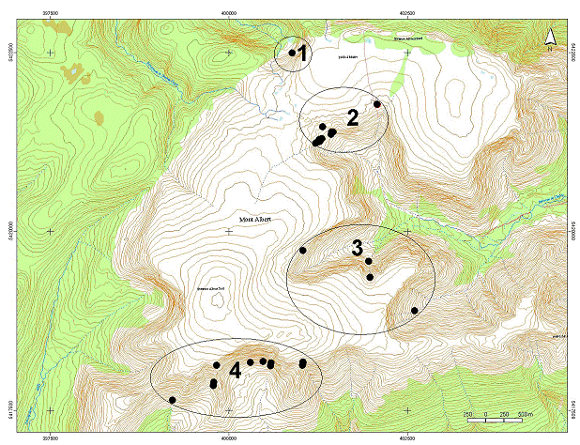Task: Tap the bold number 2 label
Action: pos(353,117)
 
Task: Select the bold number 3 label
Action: pos(358,248)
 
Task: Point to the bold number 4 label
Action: pos(235,372)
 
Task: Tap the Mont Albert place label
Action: pos(254,219)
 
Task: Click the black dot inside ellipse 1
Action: pos(292,53)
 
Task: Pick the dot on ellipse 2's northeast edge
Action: pos(377,104)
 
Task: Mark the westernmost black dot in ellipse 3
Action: pos(302,250)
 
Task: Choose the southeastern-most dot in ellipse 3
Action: pos(414,311)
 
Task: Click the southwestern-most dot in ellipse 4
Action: pos(172,400)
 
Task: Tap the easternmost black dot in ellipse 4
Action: pos(302,363)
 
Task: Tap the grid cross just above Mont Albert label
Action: pos(228,231)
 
